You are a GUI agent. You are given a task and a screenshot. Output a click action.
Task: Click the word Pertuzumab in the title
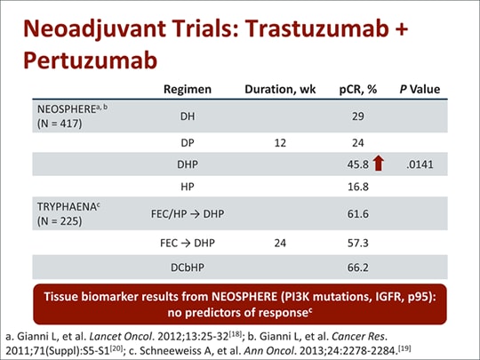91,60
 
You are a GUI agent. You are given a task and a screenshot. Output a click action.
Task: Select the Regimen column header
188,89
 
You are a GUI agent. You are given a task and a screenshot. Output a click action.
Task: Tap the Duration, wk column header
280,89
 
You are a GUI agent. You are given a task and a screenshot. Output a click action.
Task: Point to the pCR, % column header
358,89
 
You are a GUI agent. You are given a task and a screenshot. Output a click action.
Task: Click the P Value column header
420,89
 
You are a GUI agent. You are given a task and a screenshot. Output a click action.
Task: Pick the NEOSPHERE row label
72,116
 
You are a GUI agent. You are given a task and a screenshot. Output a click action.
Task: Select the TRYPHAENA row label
68,213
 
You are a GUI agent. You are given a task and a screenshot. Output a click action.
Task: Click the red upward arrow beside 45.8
379,163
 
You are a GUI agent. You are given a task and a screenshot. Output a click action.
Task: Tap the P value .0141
420,164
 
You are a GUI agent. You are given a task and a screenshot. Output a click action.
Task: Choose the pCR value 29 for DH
358,116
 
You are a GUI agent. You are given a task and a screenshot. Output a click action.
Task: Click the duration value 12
280,143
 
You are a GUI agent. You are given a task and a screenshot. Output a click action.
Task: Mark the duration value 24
280,243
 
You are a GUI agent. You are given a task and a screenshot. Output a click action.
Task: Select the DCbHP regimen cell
188,268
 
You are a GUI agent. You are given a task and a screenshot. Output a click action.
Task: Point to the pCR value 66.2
358,268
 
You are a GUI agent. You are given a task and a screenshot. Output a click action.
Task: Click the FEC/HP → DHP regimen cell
188,213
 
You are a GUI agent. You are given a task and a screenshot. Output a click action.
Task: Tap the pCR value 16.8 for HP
358,187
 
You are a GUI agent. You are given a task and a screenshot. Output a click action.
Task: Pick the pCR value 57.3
358,243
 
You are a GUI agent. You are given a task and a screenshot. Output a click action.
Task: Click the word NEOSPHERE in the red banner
244,297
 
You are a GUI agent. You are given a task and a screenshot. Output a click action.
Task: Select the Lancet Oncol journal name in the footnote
121,336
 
